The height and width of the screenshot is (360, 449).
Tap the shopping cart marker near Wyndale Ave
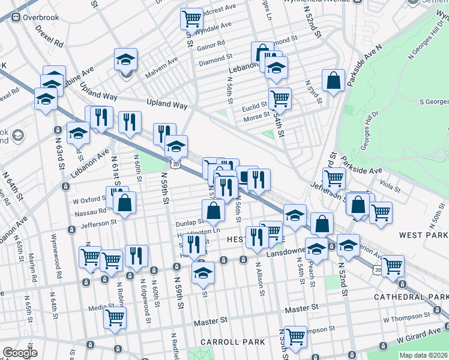click(191, 19)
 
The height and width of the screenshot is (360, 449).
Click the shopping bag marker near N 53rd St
click(333, 81)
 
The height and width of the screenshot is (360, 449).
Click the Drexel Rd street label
click(49, 36)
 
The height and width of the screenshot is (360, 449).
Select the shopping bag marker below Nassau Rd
click(124, 203)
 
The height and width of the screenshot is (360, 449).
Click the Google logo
click(20, 353)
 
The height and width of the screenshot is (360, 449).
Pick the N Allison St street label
click(259, 278)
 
